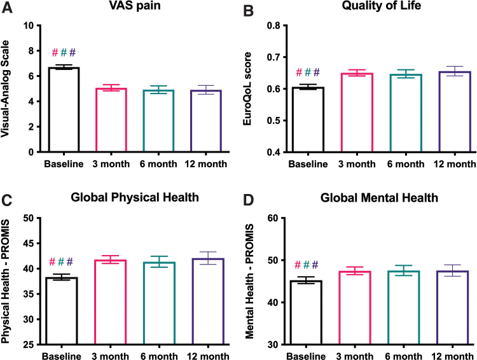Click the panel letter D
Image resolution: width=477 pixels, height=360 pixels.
coord(257,201)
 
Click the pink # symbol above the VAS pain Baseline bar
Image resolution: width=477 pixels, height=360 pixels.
coord(55,52)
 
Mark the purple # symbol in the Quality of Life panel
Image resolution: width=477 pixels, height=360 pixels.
coord(317,72)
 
